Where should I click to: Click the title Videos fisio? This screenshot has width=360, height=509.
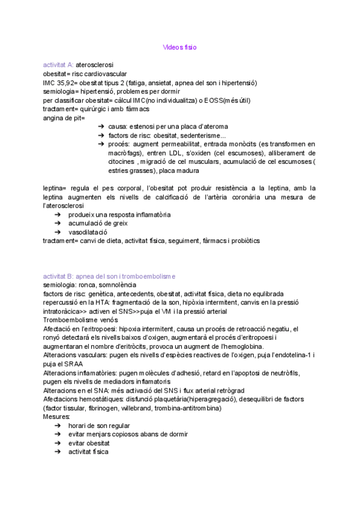pos(179,47)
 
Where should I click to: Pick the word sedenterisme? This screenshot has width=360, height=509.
pos(199,136)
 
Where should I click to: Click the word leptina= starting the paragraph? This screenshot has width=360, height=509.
pos(56,188)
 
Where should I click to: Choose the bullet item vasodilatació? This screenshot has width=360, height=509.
pos(88,232)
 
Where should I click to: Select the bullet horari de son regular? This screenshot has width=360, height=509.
pos(99,426)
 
